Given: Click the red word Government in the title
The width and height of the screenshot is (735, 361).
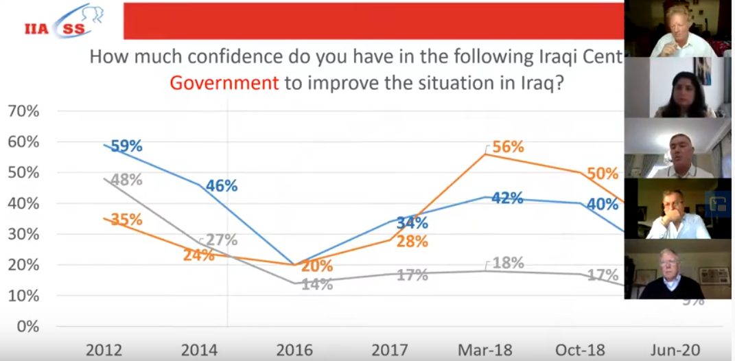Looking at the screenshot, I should (224, 84).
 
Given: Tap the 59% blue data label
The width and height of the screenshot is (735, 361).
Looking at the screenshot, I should (126, 146).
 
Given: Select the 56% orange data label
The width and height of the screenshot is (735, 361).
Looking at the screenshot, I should (509, 147).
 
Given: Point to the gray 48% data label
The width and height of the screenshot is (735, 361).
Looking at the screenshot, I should (126, 180).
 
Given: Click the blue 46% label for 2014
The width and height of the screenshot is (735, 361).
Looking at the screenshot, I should (221, 185).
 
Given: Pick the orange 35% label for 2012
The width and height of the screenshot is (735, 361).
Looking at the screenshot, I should (126, 220).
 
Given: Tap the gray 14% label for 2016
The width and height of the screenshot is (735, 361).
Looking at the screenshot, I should (316, 284).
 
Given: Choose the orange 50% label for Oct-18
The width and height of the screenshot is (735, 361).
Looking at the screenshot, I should (603, 174).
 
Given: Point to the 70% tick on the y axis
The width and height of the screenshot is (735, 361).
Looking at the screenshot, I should (23, 111).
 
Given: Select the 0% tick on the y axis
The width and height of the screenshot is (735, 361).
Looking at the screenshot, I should (27, 327).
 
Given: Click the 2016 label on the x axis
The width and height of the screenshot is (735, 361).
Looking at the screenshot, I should (294, 350).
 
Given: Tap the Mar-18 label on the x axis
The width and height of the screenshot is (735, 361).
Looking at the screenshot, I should (485, 350).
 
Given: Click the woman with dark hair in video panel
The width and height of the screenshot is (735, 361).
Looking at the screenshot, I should (679, 89).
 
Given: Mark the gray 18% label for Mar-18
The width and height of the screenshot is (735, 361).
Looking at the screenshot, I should (509, 263).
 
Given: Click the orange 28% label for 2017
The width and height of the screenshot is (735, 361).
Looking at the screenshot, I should (412, 242).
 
